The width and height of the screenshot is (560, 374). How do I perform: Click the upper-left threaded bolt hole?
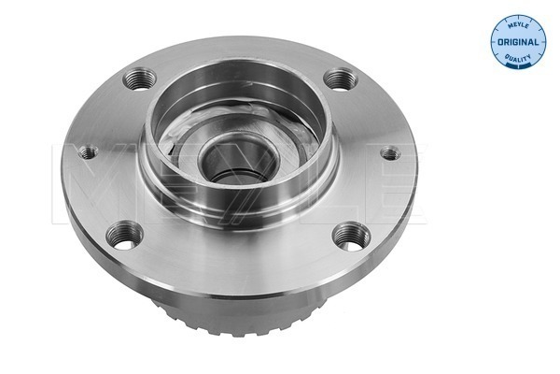pos(139,79)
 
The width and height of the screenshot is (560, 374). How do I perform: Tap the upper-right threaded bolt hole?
pos(341,79)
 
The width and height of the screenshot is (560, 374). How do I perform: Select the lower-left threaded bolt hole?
pos(125,236)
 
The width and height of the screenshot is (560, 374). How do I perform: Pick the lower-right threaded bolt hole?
pos(352,237)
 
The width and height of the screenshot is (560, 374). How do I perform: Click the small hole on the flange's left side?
pos(89,152)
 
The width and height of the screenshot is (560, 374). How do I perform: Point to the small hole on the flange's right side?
pos(390,154)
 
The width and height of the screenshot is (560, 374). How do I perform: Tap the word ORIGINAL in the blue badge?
pos(518,42)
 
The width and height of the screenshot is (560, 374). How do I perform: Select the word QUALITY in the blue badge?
pos(518,57)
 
